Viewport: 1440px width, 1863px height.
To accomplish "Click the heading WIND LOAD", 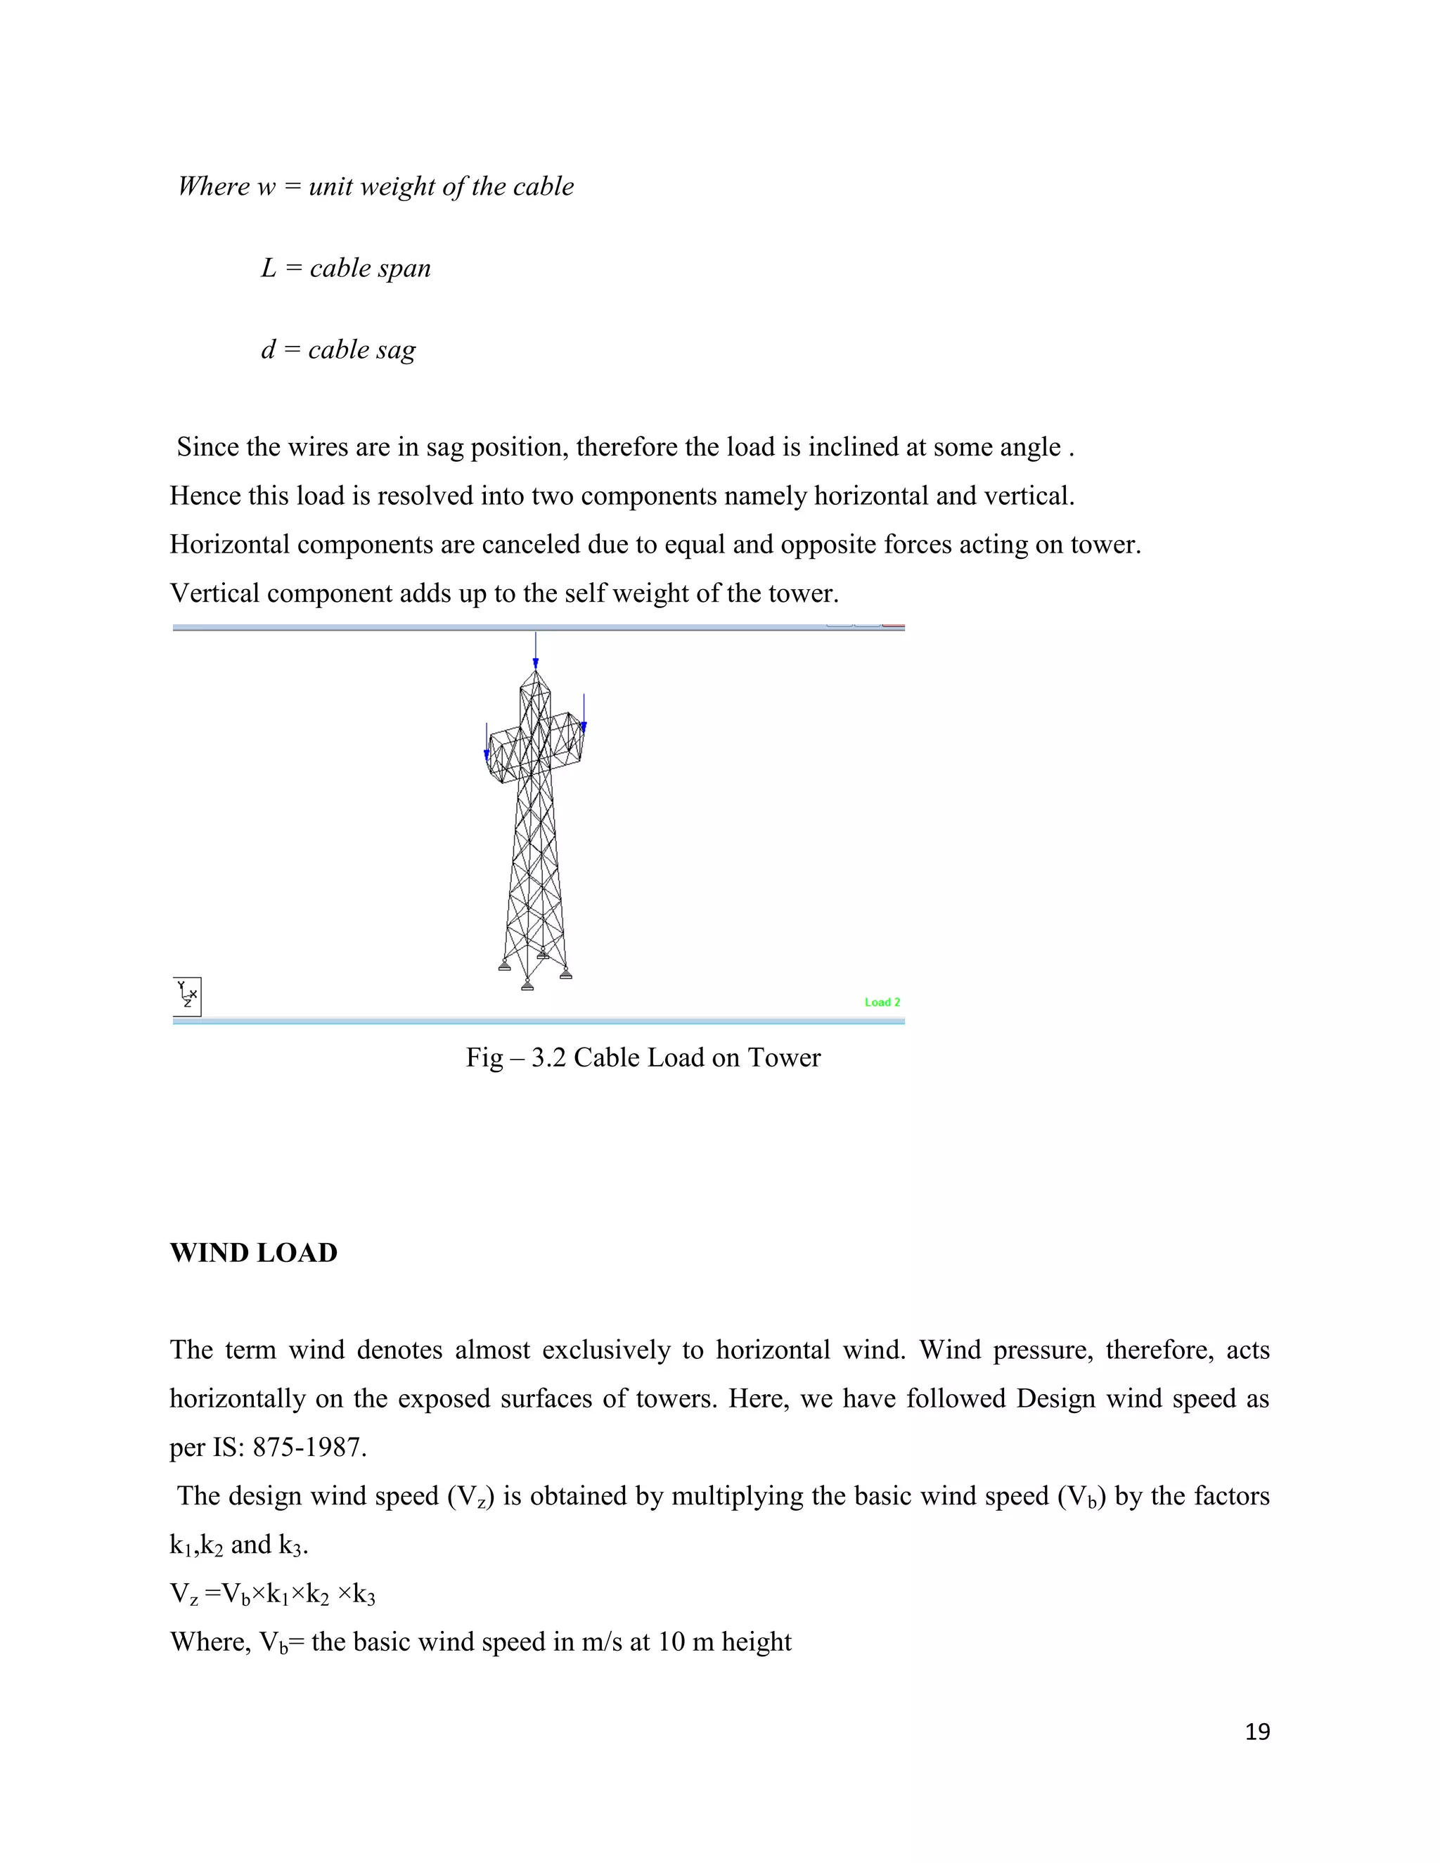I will point(253,1253).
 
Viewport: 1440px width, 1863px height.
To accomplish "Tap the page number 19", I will point(1256,1732).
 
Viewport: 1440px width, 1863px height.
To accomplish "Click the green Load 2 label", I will point(882,1003).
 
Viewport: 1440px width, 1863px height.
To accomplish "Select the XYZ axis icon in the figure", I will point(187,995).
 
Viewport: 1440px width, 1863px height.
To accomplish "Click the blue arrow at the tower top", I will point(535,650).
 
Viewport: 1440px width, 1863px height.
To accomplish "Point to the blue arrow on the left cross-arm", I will point(487,742).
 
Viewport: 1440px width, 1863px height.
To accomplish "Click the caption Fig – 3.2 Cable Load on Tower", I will point(643,1058).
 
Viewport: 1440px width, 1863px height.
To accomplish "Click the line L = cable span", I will point(345,269).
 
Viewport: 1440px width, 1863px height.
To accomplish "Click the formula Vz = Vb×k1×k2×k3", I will point(272,1594).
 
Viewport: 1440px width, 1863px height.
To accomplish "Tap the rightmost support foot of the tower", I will point(565,973).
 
